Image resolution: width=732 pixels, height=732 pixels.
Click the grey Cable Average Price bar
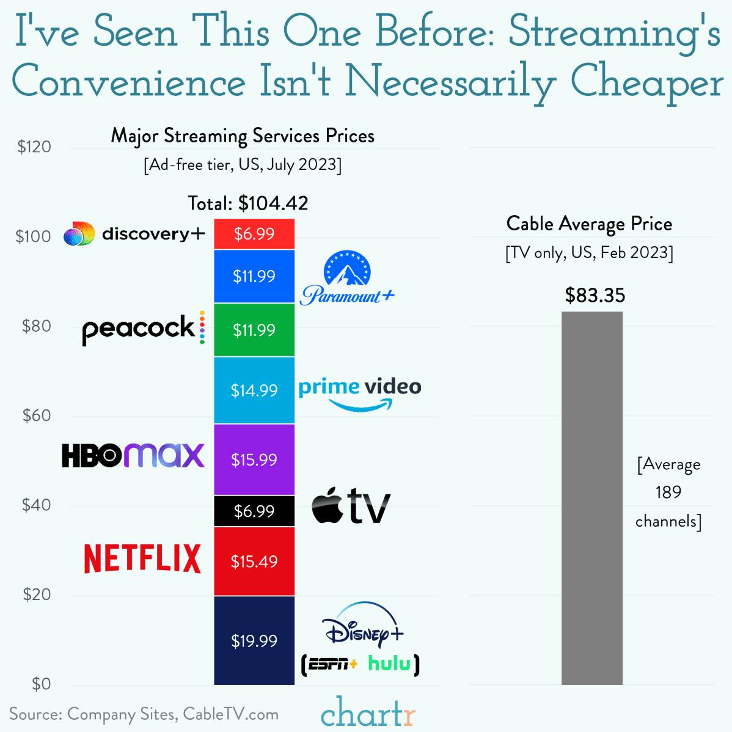pyautogui.click(x=591, y=498)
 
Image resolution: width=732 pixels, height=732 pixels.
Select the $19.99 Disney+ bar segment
pyautogui.click(x=254, y=640)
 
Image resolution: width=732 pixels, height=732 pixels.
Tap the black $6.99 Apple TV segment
pyautogui.click(x=254, y=511)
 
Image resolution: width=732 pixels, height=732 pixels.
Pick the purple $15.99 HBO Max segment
pyautogui.click(x=254, y=459)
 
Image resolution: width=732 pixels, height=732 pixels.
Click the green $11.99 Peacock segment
pyautogui.click(x=254, y=330)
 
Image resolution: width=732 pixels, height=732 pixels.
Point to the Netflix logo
pyautogui.click(x=142, y=558)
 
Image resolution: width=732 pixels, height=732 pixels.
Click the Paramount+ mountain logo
pyautogui.click(x=347, y=269)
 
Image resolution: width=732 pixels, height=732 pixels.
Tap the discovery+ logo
pyautogui.click(x=134, y=234)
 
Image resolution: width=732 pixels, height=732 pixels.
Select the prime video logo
pyautogui.click(x=360, y=393)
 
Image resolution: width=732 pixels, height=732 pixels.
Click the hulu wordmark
pyautogui.click(x=389, y=664)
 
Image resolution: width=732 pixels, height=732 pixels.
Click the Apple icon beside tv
pyautogui.click(x=328, y=506)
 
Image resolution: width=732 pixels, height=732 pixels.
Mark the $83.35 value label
pyautogui.click(x=595, y=296)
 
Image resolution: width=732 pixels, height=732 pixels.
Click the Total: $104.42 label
pyautogui.click(x=248, y=203)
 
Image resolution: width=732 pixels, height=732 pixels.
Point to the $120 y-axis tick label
pyautogui.click(x=34, y=147)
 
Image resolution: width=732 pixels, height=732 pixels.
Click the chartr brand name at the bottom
pyautogui.click(x=368, y=712)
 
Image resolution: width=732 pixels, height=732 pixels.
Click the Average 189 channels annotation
pyautogui.click(x=668, y=492)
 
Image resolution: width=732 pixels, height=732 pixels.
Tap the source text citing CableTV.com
pyautogui.click(x=144, y=714)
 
